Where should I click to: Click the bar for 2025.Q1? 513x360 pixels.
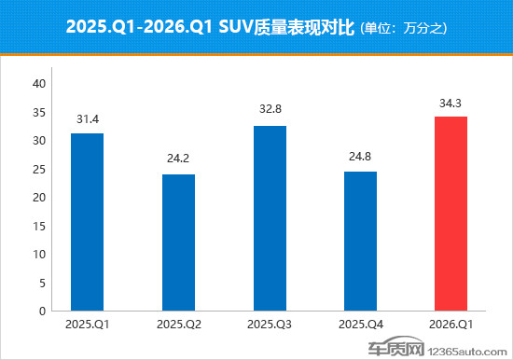[87, 222]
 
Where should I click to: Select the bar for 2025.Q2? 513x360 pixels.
[178, 242]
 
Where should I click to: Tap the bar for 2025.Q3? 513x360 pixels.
[269, 218]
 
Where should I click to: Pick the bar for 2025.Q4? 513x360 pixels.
[360, 241]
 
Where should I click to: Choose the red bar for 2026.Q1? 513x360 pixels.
[451, 214]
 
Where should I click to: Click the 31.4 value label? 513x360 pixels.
[87, 118]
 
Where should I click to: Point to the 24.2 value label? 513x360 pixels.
[178, 159]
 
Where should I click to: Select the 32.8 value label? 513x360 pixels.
[269, 110]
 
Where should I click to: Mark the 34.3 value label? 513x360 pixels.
[451, 102]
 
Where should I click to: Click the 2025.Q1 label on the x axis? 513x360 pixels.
[87, 325]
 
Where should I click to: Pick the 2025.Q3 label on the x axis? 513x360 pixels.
[269, 325]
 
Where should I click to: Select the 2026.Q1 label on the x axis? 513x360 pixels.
[451, 325]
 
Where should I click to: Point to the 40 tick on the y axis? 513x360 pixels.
[39, 84]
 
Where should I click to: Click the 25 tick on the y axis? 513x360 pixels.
[39, 169]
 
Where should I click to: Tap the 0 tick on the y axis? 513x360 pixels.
[42, 311]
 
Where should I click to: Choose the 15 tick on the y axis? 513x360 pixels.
[39, 226]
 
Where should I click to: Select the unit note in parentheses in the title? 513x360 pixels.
[403, 29]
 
